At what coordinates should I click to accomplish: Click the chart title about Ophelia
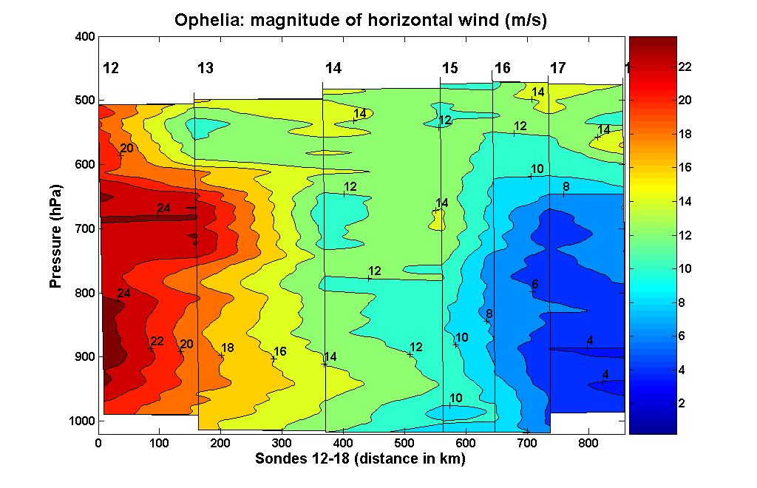360,20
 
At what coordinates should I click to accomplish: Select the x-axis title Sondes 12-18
360,459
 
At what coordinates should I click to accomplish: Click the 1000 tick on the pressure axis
81,421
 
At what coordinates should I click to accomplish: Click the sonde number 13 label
206,69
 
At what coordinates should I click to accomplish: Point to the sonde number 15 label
449,69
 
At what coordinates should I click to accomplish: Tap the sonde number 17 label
557,69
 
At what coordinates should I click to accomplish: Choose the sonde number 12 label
111,69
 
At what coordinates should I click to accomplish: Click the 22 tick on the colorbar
685,67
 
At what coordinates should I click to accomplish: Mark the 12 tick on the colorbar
685,235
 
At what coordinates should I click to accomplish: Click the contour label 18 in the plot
227,348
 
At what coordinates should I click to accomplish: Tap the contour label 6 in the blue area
535,285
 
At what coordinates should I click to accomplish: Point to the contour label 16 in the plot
279,352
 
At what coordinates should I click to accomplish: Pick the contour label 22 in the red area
157,342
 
